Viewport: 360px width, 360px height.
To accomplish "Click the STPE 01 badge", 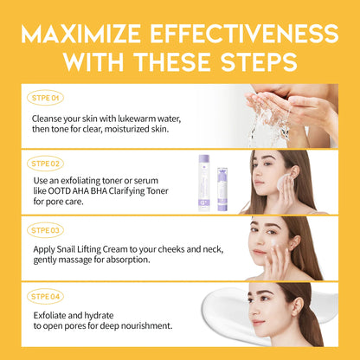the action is click(45, 98).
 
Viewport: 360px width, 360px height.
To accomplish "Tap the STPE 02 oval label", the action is click(45, 164).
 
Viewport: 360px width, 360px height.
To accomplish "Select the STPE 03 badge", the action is click(45, 230).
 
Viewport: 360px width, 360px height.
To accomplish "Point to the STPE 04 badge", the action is click(45, 297).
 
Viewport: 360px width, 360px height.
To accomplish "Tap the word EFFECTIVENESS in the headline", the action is click(244, 34).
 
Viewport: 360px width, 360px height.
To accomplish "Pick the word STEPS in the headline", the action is click(259, 62).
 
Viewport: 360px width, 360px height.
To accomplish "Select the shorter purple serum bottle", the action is click(222, 189).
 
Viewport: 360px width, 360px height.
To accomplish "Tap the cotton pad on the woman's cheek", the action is click(281, 182).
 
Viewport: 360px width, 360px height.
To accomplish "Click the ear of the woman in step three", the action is click(295, 243).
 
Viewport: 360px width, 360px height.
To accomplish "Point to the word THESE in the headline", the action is click(173, 62).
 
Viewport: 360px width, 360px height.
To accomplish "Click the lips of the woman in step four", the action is click(258, 322).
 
